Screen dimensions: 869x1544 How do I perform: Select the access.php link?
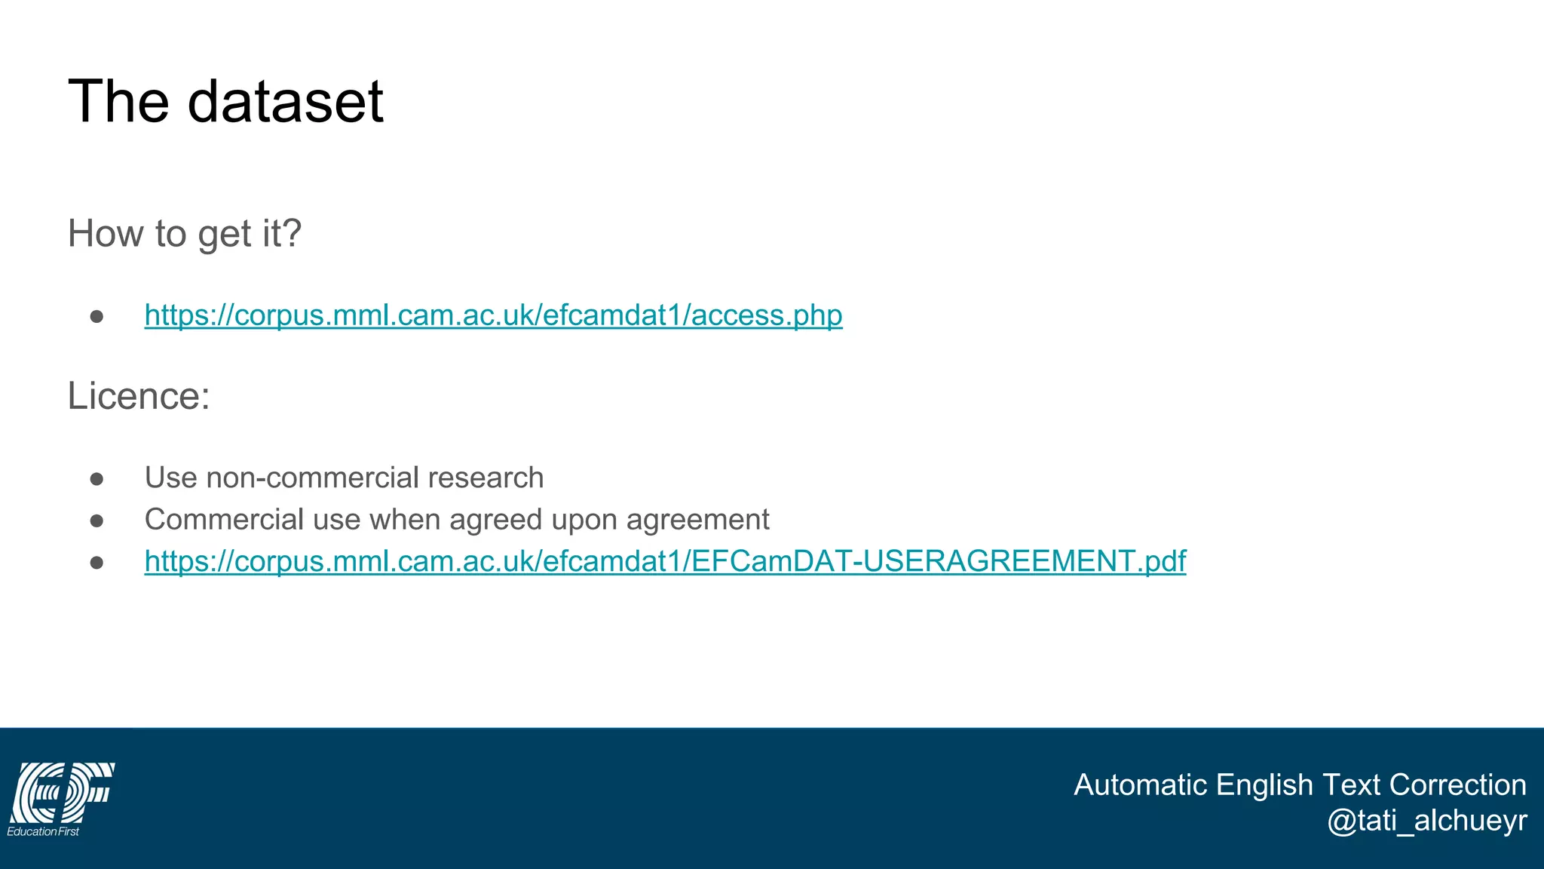click(x=493, y=315)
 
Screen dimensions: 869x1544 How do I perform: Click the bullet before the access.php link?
click(x=96, y=316)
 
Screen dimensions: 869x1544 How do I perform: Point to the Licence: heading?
click(x=139, y=396)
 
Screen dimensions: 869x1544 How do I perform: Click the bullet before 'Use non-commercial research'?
click(x=96, y=479)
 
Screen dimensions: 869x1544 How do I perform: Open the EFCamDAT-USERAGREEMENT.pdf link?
click(x=665, y=561)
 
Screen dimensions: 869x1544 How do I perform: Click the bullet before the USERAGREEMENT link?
click(x=96, y=563)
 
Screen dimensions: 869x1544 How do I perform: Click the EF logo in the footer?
click(x=62, y=792)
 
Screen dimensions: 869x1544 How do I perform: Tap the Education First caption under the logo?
click(x=43, y=831)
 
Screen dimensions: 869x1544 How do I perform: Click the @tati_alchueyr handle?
click(x=1426, y=821)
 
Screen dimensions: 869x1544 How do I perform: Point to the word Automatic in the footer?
click(x=1140, y=785)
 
